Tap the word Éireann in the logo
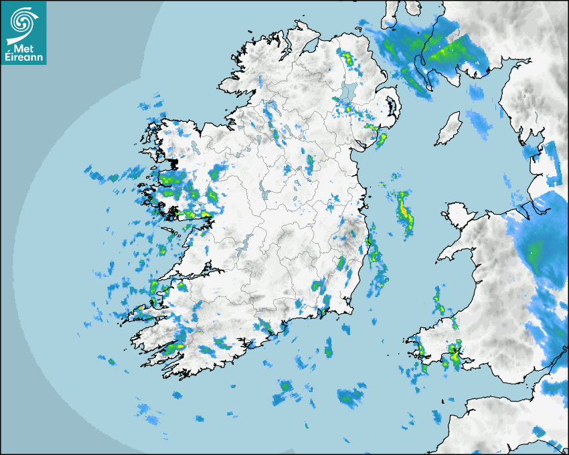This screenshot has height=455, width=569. click(x=24, y=58)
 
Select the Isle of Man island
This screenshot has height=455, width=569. click(x=449, y=128)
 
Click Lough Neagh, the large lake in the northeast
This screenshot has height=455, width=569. click(x=348, y=94)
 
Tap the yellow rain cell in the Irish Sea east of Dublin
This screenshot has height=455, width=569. click(x=404, y=211)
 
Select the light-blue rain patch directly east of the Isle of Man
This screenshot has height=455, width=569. click(x=479, y=120)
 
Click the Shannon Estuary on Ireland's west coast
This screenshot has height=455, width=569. click(x=194, y=274)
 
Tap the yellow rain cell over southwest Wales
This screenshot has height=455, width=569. click(x=456, y=355)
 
